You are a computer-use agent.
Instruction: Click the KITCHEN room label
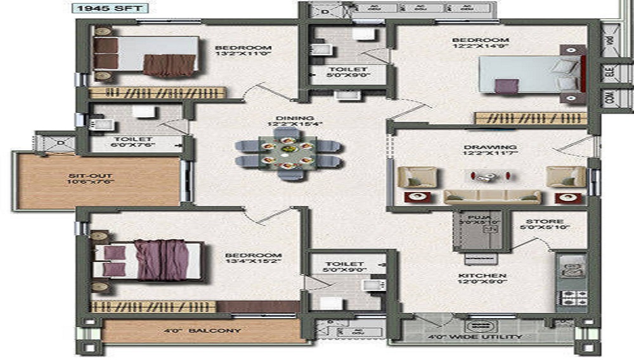tap(482, 276)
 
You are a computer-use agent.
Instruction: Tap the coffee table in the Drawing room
tap(484, 175)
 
